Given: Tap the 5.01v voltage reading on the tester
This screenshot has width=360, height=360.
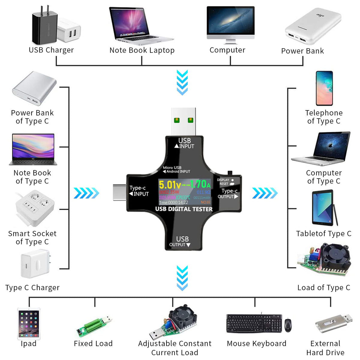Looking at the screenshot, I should click(169, 184).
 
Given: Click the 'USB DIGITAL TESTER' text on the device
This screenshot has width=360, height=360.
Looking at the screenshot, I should click(184, 209).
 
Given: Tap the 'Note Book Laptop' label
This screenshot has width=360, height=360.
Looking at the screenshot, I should click(142, 50).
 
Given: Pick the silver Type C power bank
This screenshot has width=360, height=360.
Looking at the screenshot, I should click(34, 88).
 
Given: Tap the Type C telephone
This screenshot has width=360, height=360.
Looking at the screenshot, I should click(324, 88).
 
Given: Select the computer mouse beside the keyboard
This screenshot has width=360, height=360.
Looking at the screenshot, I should click(288, 325).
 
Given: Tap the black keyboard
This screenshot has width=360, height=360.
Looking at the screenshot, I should click(254, 323).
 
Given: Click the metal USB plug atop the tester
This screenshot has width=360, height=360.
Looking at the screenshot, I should click(184, 121).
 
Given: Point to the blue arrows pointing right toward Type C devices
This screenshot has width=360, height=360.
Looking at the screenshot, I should click(265, 193).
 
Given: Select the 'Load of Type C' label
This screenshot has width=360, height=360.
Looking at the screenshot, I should click(324, 287).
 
